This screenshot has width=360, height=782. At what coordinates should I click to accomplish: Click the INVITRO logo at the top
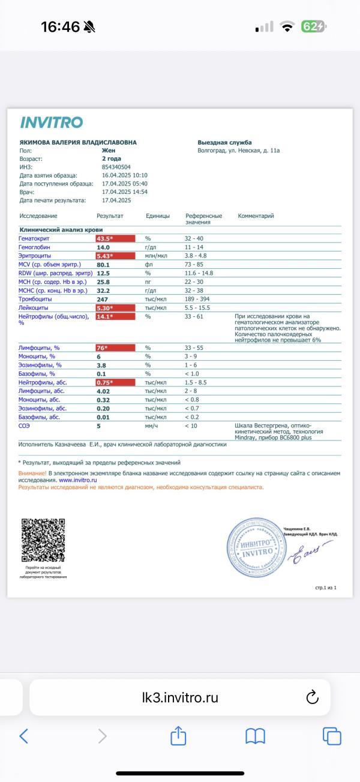pos(51,122)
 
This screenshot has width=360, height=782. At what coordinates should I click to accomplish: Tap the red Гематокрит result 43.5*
pos(105,239)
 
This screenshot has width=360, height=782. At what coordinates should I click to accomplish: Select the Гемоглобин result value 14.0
pos(103,247)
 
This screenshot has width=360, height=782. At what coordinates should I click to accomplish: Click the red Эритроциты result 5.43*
pos(105,256)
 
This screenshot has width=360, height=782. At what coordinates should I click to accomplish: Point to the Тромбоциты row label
pos(35,299)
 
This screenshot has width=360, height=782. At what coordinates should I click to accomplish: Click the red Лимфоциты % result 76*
pos(102,348)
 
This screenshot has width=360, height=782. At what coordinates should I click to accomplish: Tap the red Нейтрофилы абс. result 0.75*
pos(105,382)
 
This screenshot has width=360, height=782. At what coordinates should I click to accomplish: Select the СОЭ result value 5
pos(98,426)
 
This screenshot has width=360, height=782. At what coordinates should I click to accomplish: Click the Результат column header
pos(110,215)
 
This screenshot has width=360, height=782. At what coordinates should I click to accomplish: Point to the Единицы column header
pos(157,215)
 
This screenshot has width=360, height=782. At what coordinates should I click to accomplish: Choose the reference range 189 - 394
pos(198,299)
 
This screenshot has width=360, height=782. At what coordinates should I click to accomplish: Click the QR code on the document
pos(43,540)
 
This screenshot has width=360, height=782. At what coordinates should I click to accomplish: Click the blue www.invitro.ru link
pos(78,480)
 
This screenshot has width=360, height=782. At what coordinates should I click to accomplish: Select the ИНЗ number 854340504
pos(116,167)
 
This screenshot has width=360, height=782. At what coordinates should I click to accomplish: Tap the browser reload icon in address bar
pos(311,697)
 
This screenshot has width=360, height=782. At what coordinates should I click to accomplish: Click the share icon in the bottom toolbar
pos(178,736)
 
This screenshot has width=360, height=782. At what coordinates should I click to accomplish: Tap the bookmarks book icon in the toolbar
pos(255,736)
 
